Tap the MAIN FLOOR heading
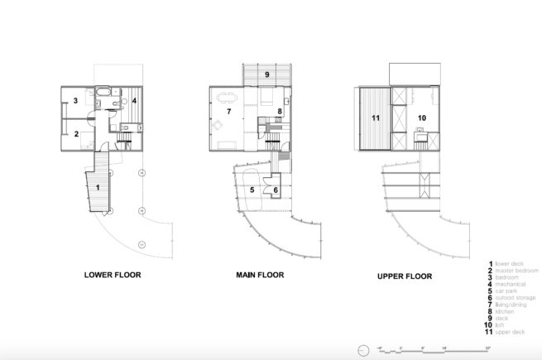(258, 275)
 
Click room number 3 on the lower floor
(75, 101)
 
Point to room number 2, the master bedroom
(75, 133)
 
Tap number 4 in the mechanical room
(134, 103)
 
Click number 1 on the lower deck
(98, 188)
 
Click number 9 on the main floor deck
(266, 74)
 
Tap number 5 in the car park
(252, 190)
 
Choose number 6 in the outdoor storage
(276, 190)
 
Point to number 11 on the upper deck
(375, 118)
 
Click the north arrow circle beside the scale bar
(362, 350)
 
